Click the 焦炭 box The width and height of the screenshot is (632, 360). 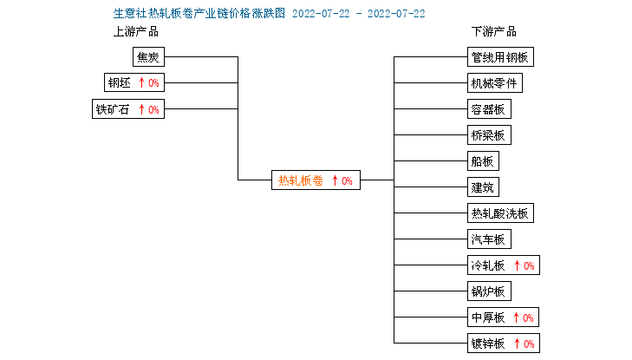coord(148,57)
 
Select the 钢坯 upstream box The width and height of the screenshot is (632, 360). coord(134,82)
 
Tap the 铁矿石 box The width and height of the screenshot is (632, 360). coord(128,108)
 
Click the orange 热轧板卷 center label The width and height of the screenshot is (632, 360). coord(301,180)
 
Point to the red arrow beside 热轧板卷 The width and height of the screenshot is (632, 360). coord(335,180)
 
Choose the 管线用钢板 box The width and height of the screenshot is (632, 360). coord(500,57)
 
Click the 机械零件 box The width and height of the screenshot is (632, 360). coord(494,82)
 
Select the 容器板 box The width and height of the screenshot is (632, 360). coord(489,108)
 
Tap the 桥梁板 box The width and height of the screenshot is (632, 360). coord(489,134)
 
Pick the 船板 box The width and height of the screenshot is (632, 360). coord(483,160)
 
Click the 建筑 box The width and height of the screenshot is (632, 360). coord(483,187)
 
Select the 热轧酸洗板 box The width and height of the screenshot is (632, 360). coord(500,213)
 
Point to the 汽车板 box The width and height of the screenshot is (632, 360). coord(489,239)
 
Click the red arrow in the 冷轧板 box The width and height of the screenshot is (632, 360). coord(517,265)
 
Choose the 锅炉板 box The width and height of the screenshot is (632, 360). coord(489,291)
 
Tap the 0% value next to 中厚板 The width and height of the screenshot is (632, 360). coord(529,317)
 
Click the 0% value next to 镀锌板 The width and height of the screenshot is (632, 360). coord(529,344)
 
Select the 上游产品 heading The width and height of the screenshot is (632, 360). coord(136,31)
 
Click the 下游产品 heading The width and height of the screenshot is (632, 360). coord(494,31)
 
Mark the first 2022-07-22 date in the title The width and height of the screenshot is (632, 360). coord(321,14)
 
